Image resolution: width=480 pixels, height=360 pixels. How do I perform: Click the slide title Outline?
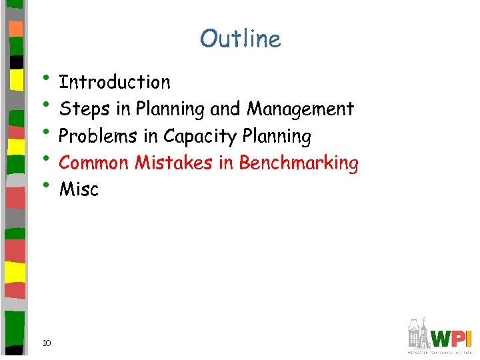tap(240, 39)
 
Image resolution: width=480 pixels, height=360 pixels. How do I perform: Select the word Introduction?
tap(115, 83)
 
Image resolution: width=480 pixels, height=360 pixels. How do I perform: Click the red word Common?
tap(94, 163)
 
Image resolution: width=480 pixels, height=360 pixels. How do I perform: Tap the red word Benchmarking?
tap(299, 163)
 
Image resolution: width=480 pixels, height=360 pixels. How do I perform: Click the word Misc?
tap(79, 190)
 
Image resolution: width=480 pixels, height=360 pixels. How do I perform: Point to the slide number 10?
tap(47, 343)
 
